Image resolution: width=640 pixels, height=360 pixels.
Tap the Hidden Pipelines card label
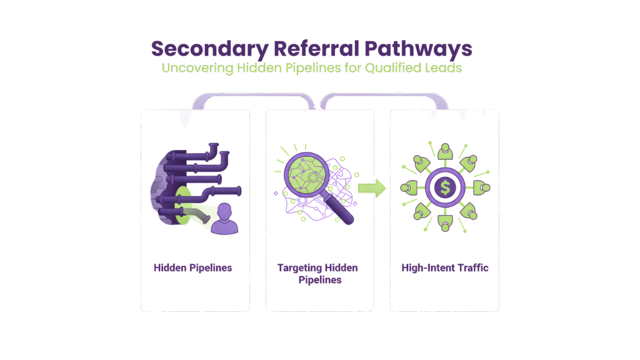pos(192,268)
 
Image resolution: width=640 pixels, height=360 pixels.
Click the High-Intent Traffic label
pos(444,268)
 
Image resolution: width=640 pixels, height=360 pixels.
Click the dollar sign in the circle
pos(444,187)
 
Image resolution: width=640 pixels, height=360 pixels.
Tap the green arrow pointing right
pos(371,187)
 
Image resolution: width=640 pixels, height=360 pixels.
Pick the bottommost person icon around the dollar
pos(444,222)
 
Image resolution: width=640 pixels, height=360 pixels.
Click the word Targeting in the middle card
pos(298,268)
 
